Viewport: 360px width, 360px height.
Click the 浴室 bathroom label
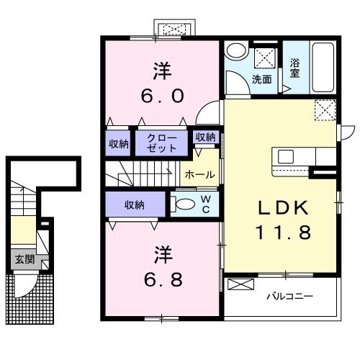(x=295, y=68)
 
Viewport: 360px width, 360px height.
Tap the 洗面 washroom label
(x=262, y=79)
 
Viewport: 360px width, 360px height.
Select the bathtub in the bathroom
(x=323, y=68)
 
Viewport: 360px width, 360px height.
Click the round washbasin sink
(x=236, y=51)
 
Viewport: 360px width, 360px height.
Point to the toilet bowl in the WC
(x=185, y=204)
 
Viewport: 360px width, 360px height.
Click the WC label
(x=206, y=204)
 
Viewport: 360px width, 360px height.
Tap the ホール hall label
(x=200, y=174)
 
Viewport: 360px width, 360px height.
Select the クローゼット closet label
(x=161, y=143)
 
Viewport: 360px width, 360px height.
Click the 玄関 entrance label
(x=25, y=259)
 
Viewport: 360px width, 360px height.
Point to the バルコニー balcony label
(x=290, y=297)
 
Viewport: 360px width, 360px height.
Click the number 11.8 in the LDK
(x=283, y=232)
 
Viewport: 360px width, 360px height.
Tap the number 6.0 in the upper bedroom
(x=163, y=96)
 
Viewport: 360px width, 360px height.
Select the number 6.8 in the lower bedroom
(x=163, y=279)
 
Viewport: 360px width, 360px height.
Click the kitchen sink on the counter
(x=286, y=156)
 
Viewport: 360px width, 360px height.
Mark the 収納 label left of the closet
(x=119, y=144)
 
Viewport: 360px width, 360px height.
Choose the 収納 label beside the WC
(x=135, y=205)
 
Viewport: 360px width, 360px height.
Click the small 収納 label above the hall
(x=205, y=137)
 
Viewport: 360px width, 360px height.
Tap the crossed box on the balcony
(x=240, y=284)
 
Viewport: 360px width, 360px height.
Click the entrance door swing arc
(x=30, y=289)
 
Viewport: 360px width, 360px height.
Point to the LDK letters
(x=283, y=208)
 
